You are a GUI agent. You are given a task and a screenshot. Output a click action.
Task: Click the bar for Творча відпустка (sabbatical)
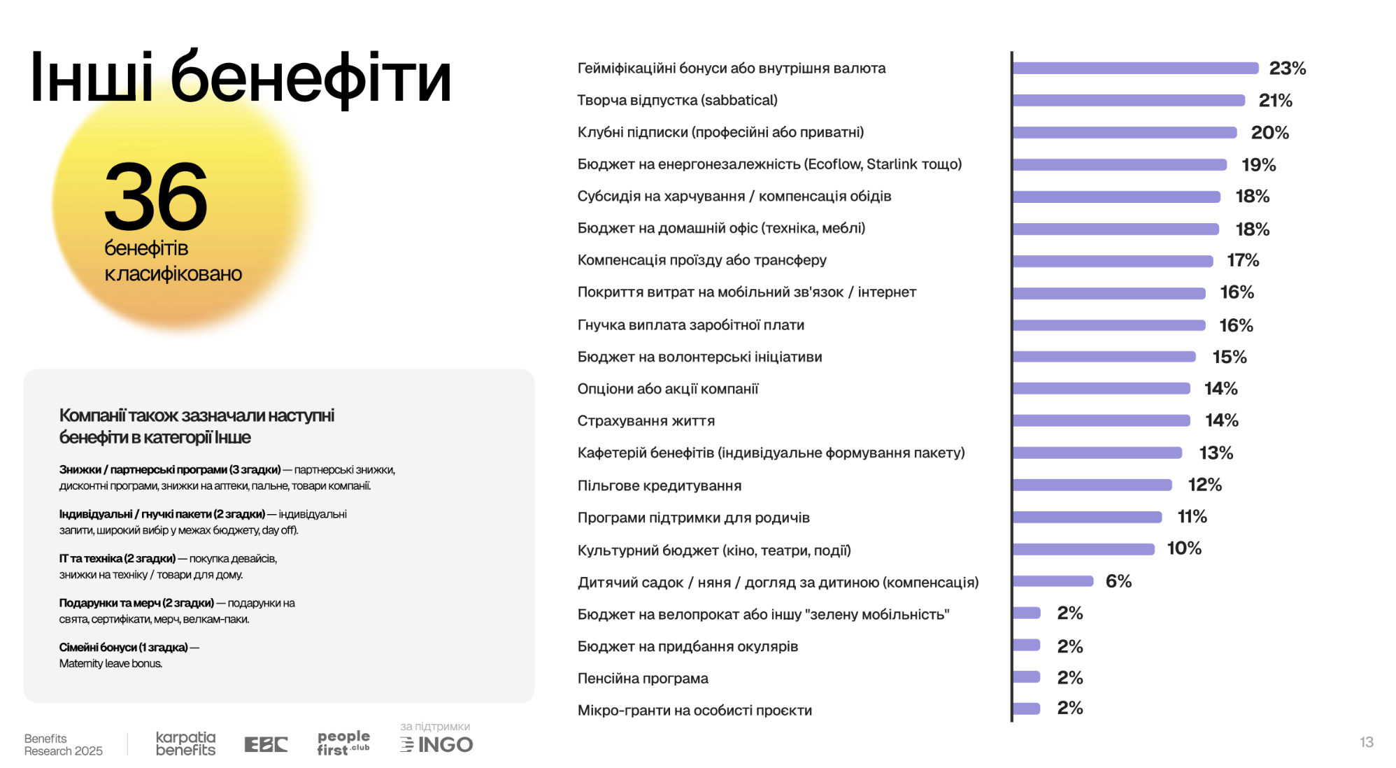click(x=1128, y=101)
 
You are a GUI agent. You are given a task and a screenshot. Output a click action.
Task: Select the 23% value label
click(x=1287, y=69)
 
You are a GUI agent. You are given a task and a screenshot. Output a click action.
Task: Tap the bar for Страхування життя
click(x=1101, y=420)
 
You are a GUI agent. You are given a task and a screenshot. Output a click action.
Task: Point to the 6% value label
click(x=1118, y=581)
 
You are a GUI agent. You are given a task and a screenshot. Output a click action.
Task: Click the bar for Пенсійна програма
click(x=1026, y=677)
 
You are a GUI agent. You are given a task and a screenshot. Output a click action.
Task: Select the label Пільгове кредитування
click(x=659, y=485)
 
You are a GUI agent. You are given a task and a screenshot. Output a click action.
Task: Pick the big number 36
click(x=156, y=197)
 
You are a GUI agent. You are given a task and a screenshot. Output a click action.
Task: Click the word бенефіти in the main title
click(x=311, y=78)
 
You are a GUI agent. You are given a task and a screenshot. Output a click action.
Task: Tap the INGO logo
click(x=437, y=744)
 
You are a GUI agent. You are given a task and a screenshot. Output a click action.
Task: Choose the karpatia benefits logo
click(x=185, y=744)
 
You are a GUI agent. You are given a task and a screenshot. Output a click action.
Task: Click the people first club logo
click(x=343, y=743)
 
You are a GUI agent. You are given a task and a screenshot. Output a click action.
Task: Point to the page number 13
click(x=1366, y=742)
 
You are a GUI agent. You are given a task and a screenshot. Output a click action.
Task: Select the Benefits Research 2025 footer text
click(x=63, y=745)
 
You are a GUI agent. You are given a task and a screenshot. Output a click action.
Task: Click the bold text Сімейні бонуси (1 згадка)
click(x=123, y=648)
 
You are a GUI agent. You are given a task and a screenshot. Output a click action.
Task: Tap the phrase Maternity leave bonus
click(x=111, y=664)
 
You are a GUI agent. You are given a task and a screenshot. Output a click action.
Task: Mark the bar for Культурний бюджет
click(x=1083, y=549)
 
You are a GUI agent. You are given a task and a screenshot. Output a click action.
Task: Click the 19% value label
click(x=1258, y=165)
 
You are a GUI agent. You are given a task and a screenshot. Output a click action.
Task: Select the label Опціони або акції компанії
click(x=667, y=389)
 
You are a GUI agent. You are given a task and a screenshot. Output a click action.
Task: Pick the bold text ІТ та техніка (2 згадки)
click(x=117, y=559)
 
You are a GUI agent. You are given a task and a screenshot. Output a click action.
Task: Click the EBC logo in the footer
click(x=266, y=744)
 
